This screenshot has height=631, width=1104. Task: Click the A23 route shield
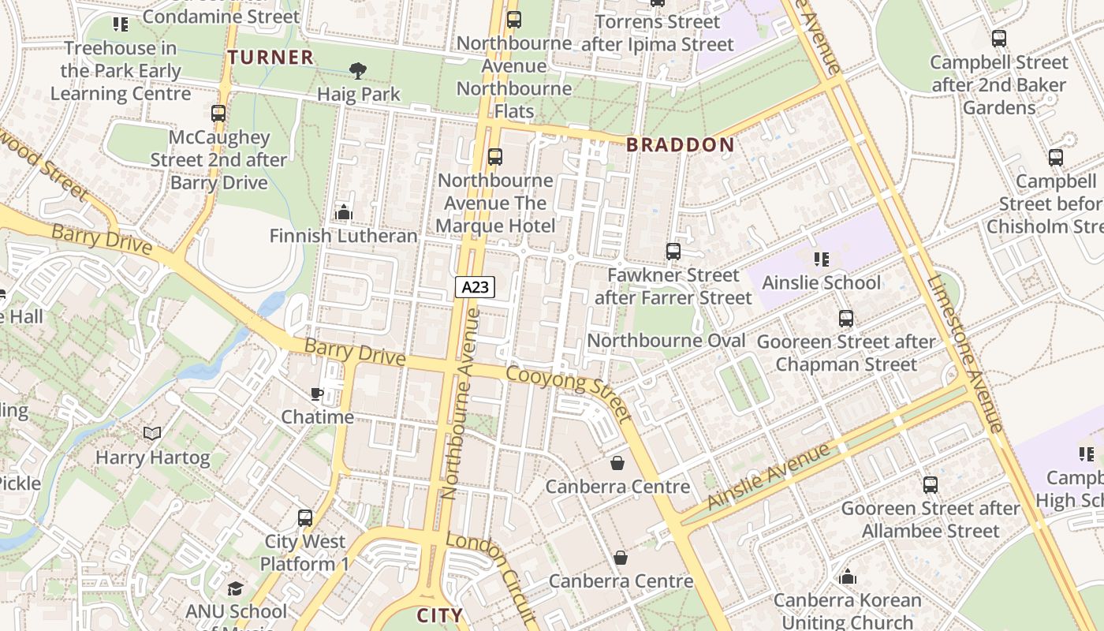(x=475, y=287)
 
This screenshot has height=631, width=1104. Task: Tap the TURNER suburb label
(x=271, y=57)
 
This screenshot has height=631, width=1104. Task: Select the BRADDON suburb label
(x=680, y=144)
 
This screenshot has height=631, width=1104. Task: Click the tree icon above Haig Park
(x=358, y=71)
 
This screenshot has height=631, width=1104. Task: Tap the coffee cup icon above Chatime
(x=317, y=394)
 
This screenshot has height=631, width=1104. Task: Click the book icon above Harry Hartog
(x=152, y=434)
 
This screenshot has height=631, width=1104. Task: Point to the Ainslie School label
(x=822, y=282)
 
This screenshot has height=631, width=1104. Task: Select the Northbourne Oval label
(x=666, y=341)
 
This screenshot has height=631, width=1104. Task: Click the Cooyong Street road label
(x=569, y=393)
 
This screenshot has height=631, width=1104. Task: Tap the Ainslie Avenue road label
(x=769, y=476)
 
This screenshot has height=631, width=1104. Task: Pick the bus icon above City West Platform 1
(x=305, y=518)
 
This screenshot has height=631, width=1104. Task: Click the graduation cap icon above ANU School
(x=235, y=588)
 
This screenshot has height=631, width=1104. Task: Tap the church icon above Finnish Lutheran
(x=343, y=212)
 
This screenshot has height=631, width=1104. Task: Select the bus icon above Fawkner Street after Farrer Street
(x=673, y=252)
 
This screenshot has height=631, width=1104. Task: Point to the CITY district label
(x=439, y=615)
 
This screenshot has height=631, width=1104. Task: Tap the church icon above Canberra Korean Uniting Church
(x=848, y=577)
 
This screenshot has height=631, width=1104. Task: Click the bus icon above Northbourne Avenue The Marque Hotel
(x=495, y=157)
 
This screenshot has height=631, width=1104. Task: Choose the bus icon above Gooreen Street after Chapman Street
(x=846, y=319)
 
